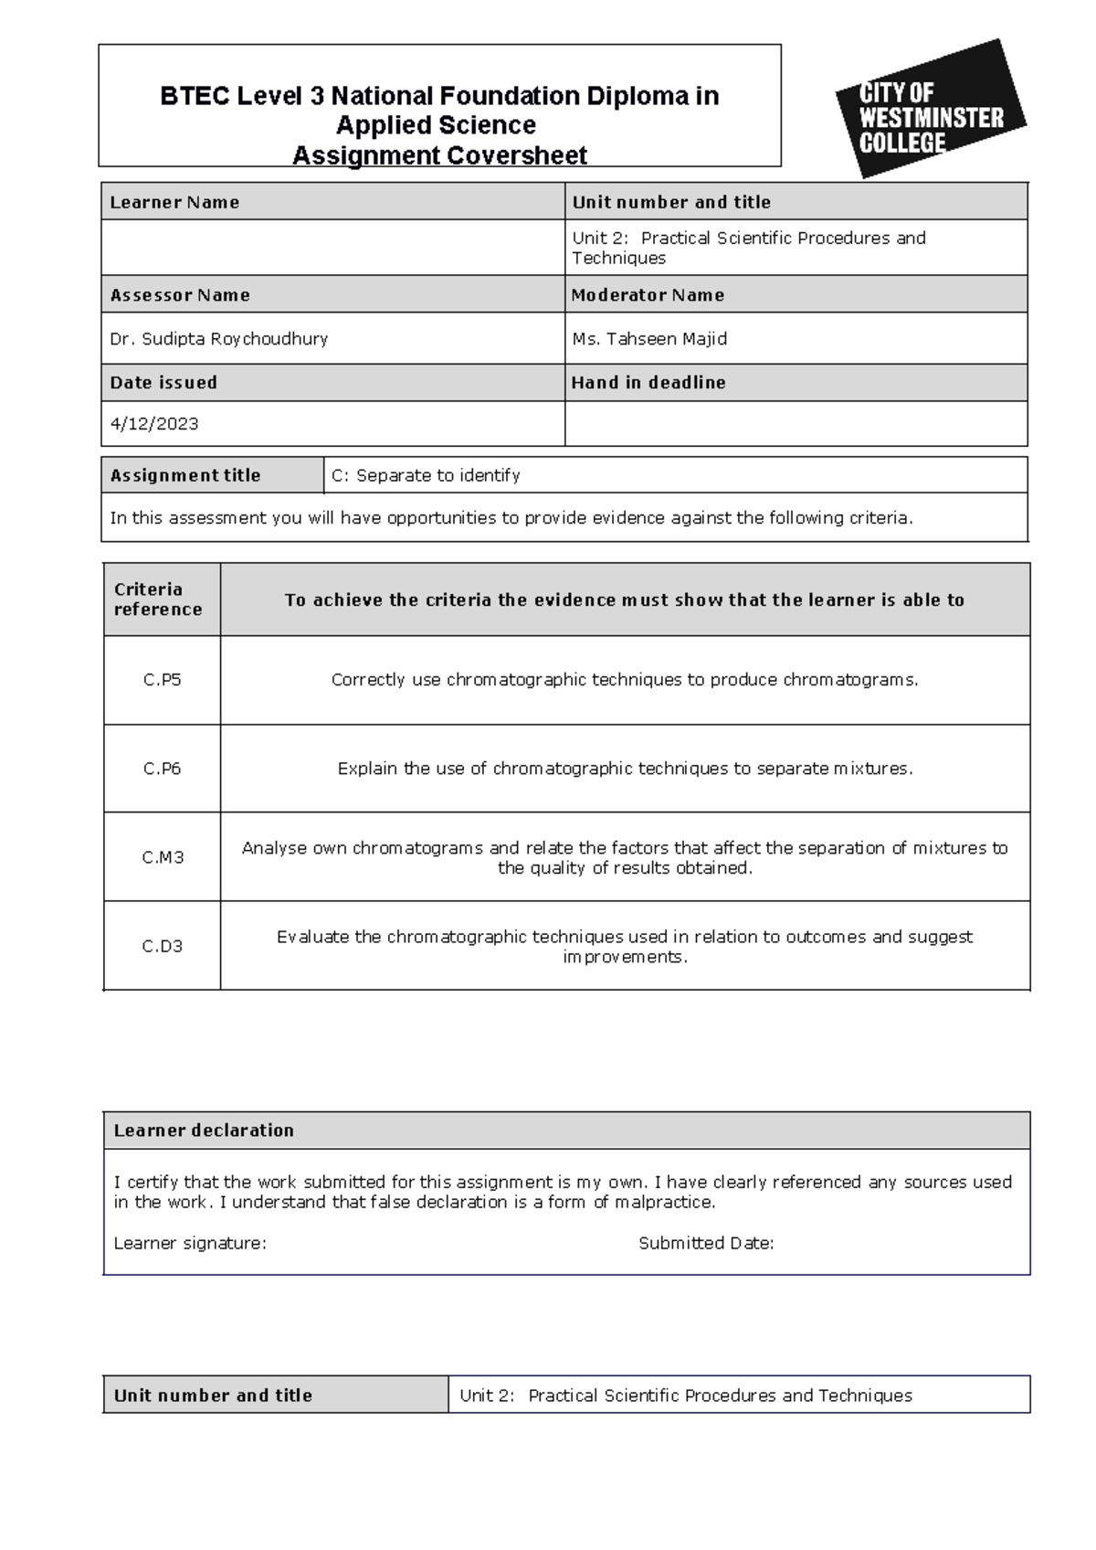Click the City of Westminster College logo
930,110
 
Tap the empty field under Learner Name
332,248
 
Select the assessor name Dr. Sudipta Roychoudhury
218,338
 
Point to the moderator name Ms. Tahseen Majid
649,338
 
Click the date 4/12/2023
153,423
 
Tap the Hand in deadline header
648,382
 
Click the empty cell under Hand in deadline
796,423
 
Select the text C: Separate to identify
426,475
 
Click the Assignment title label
185,475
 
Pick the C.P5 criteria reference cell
162,680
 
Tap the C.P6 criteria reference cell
162,769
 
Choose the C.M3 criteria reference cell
162,857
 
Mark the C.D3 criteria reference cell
162,946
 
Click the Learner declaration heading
204,1131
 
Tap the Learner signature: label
190,1243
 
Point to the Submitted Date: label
706,1243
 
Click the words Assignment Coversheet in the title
439,155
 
